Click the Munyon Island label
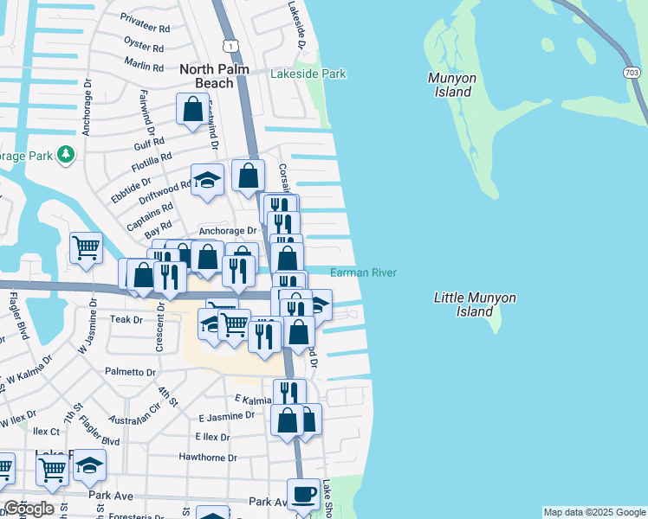click(x=450, y=85)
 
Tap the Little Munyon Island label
click(x=474, y=304)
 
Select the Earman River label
click(x=363, y=273)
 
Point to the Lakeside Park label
click(x=308, y=74)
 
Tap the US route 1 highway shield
click(x=229, y=44)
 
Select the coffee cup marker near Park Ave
click(x=303, y=495)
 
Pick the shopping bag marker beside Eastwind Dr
click(x=192, y=110)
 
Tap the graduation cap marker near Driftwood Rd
click(x=207, y=180)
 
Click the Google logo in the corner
click(x=29, y=509)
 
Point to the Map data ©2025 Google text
click(x=593, y=512)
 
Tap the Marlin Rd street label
click(x=144, y=66)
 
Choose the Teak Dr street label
click(x=126, y=319)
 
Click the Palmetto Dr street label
click(x=130, y=373)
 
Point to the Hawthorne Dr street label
click(x=207, y=458)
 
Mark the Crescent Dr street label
click(x=160, y=325)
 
